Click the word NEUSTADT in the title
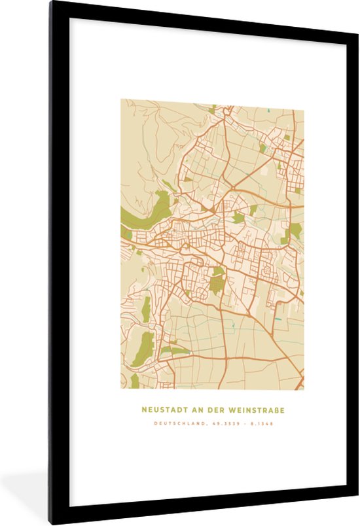point(161,410)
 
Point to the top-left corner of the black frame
point(51,3)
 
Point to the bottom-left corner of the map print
point(120,389)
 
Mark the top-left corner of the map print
point(120,99)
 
